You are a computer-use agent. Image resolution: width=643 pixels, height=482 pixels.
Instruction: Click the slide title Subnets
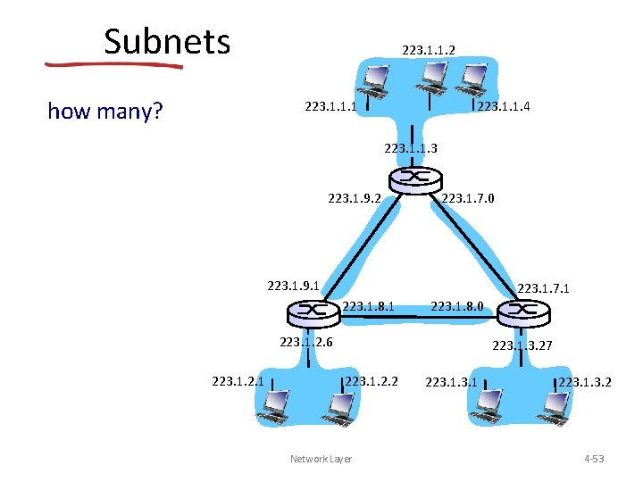pyautogui.click(x=167, y=41)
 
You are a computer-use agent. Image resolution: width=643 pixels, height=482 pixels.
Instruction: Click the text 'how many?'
pyautogui.click(x=104, y=111)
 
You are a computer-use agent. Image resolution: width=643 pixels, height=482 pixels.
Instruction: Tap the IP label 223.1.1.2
pyautogui.click(x=429, y=50)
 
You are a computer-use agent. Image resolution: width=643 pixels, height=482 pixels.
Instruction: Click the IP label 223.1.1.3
pyautogui.click(x=410, y=148)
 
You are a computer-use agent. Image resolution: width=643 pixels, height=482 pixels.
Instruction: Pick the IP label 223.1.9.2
pyautogui.click(x=355, y=199)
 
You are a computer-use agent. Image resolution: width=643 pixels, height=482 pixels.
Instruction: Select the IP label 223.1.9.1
pyautogui.click(x=294, y=287)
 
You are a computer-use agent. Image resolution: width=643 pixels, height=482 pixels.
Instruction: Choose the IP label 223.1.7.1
pyautogui.click(x=544, y=287)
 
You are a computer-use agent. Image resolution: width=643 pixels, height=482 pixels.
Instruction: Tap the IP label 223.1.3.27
pyautogui.click(x=519, y=345)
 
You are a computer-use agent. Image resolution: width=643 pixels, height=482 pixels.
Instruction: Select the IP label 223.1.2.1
pyautogui.click(x=238, y=382)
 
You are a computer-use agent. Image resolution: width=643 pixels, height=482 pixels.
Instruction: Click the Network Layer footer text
pyautogui.click(x=321, y=459)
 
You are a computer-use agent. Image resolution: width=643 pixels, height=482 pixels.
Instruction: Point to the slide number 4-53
pyautogui.click(x=594, y=459)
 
